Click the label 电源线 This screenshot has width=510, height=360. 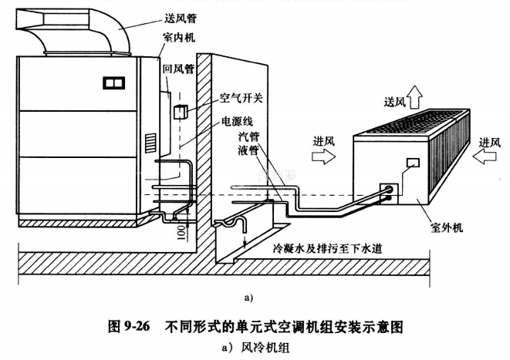coord(236,121)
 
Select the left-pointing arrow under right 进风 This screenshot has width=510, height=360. coord(487,156)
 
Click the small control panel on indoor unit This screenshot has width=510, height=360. coord(115,81)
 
